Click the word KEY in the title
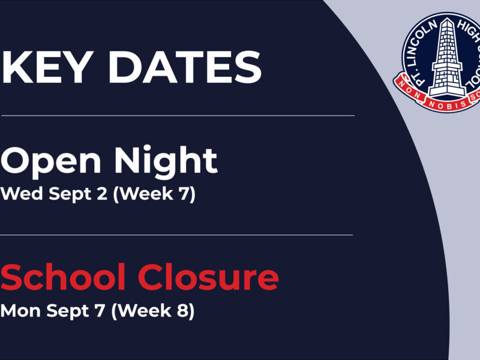pyautogui.click(x=47, y=67)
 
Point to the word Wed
pyautogui.click(x=22, y=194)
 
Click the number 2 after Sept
pyautogui.click(x=102, y=194)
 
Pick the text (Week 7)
pyautogui.click(x=154, y=194)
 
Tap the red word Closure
pyautogui.click(x=208, y=277)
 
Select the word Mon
pyautogui.click(x=20, y=311)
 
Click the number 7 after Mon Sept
pyautogui.click(x=100, y=311)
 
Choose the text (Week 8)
pyautogui.click(x=153, y=311)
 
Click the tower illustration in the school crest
pyautogui.click(x=446, y=58)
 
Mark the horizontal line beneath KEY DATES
pyautogui.click(x=178, y=116)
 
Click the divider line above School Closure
pyautogui.click(x=176, y=235)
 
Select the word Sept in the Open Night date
pyautogui.click(x=70, y=194)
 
